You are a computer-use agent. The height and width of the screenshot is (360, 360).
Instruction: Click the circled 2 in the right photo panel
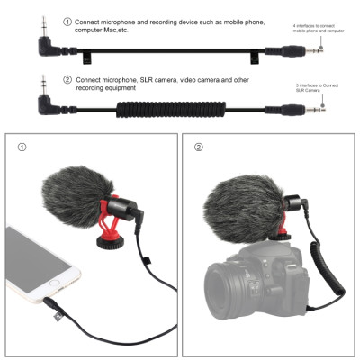pos(201,147)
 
